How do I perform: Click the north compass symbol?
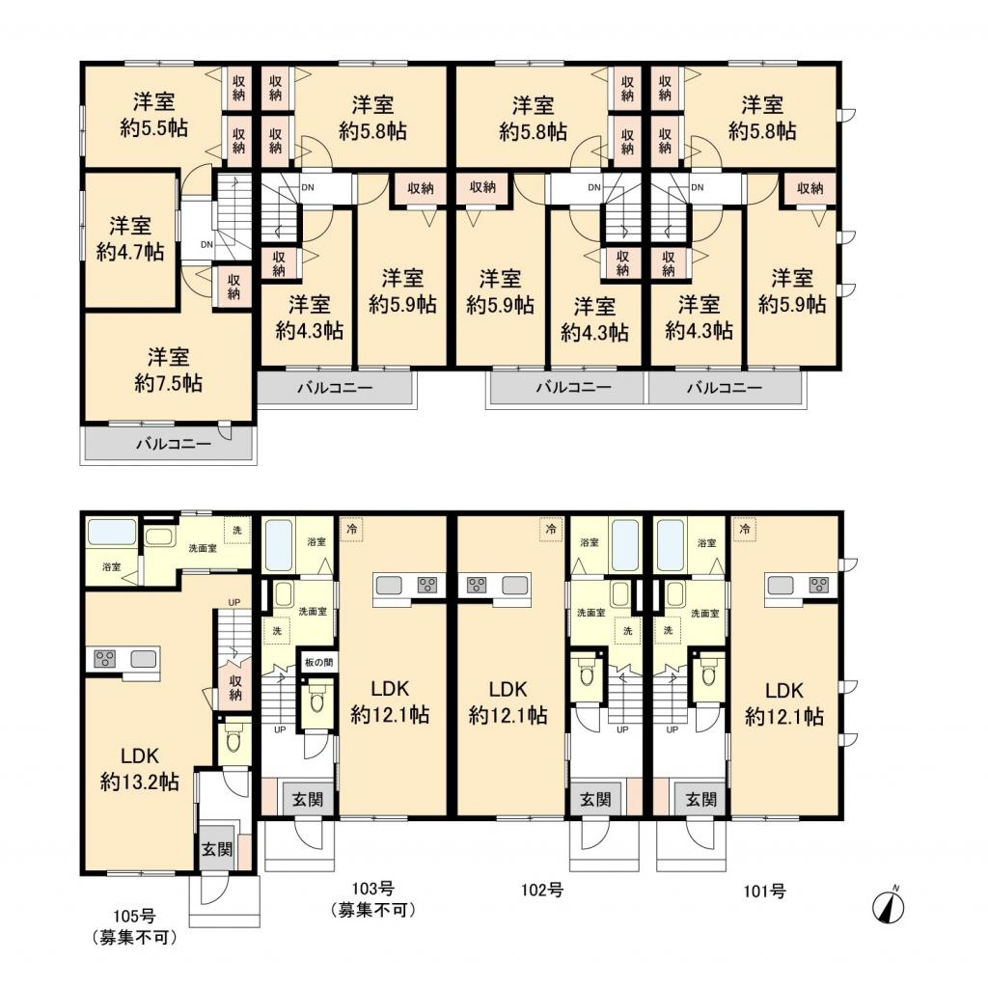(889, 906)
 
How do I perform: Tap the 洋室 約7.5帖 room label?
(168, 370)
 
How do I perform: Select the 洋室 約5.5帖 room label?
(153, 115)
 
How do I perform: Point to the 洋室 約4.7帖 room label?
(130, 239)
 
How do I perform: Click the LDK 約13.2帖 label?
(139, 769)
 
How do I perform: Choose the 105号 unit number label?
(133, 917)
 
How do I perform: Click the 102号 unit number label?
(542, 891)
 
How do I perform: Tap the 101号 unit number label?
(764, 892)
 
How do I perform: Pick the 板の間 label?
(318, 662)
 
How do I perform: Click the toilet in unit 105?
(233, 741)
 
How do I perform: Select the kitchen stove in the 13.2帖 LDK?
(104, 659)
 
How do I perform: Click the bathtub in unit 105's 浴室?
(112, 532)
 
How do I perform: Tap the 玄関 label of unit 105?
(217, 849)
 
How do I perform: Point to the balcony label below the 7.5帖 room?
(174, 444)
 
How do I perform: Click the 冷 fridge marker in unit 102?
(551, 529)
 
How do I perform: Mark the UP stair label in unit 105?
(234, 602)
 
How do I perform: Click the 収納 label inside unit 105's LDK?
(235, 687)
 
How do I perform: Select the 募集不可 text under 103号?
(372, 910)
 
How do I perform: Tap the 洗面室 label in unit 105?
(203, 548)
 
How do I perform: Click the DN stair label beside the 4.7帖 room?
(206, 245)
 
